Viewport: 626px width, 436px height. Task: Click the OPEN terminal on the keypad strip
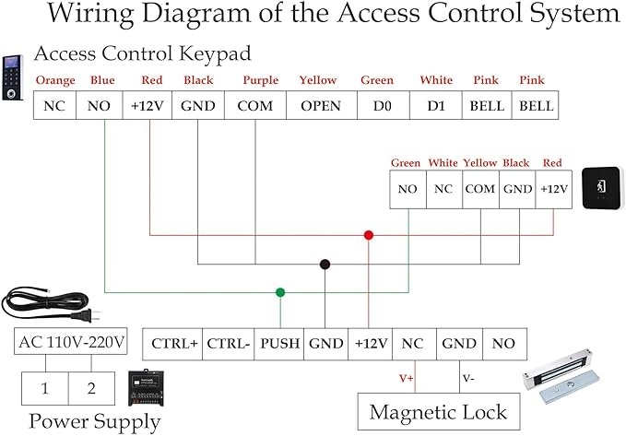pos(318,105)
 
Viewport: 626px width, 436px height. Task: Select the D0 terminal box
pos(376,105)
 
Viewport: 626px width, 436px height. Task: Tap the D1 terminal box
pos(435,105)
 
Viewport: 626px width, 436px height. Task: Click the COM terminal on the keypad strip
pos(254,105)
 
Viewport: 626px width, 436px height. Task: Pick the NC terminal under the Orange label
pos(55,105)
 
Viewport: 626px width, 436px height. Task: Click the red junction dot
pos(369,235)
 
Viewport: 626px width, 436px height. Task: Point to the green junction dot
pos(280,293)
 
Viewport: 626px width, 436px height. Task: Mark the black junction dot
pos(325,265)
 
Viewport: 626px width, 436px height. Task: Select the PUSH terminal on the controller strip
pos(279,344)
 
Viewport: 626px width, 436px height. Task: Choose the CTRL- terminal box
pos(228,344)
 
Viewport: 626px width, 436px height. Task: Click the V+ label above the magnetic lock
pos(406,378)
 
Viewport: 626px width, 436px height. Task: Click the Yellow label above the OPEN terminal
pos(318,81)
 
